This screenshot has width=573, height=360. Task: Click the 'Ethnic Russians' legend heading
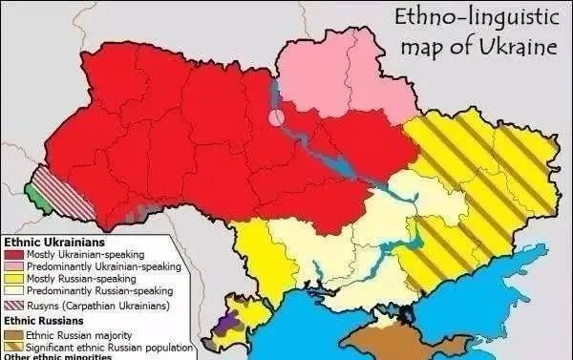(x=41, y=321)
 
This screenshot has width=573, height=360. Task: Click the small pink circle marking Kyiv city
(x=276, y=118)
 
